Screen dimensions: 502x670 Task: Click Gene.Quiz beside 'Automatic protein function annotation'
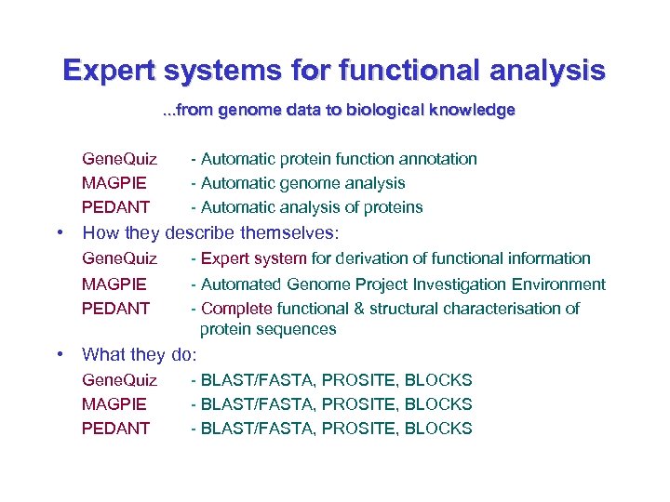coord(119,159)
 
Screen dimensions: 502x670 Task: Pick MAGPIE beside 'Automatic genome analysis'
coord(114,183)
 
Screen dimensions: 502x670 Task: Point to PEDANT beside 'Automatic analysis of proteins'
coord(115,207)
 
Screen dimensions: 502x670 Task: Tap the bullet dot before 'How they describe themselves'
coord(59,232)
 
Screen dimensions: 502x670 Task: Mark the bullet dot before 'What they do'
coord(59,354)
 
